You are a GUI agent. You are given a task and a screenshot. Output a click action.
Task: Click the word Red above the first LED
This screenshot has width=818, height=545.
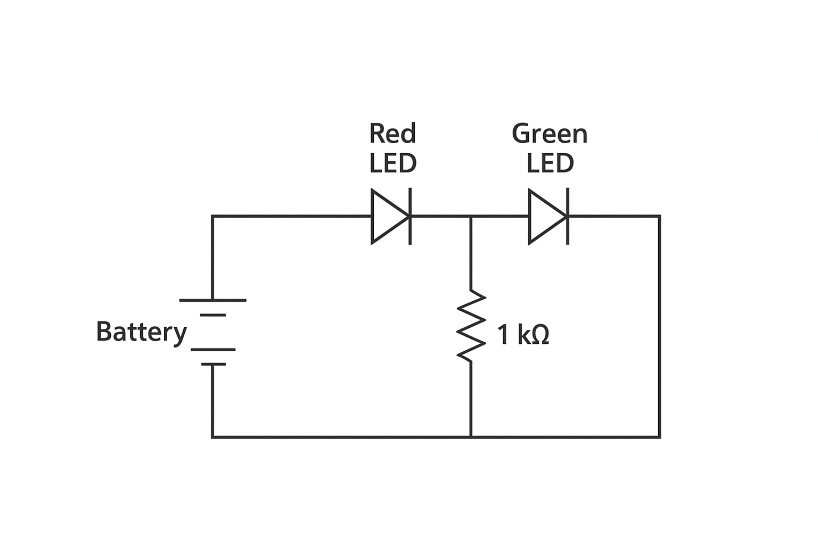(392, 134)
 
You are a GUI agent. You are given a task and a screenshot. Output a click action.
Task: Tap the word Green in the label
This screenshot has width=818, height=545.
(550, 134)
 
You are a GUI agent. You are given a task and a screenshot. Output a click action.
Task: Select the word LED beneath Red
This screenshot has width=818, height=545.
(392, 163)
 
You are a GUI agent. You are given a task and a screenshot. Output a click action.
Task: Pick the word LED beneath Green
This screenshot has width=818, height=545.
(550, 163)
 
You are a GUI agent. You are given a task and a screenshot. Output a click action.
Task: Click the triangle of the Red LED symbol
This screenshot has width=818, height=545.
(388, 216)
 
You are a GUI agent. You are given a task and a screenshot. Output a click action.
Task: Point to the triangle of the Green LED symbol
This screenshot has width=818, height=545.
(545, 216)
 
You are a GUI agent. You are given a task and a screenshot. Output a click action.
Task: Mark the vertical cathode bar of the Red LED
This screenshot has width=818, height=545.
(410, 216)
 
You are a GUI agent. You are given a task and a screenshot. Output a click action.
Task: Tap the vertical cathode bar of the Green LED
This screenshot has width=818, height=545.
(568, 216)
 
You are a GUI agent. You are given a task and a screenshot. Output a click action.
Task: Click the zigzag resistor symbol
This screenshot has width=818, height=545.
(471, 326)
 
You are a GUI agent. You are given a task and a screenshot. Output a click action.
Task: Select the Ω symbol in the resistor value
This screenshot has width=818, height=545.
(539, 335)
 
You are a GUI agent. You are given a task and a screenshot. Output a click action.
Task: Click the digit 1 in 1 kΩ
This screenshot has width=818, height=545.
(503, 335)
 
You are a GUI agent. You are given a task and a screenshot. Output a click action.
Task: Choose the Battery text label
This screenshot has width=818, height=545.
(141, 332)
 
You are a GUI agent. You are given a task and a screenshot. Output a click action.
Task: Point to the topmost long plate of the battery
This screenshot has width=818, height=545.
(212, 300)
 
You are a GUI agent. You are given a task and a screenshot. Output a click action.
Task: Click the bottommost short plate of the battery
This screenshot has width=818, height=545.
(213, 365)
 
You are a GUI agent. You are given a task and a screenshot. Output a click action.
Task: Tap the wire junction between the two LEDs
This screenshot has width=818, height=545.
(471, 216)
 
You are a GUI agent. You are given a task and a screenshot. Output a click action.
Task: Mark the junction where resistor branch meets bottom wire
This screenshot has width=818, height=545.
(471, 437)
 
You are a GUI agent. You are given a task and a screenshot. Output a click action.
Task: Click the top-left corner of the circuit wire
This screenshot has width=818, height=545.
(212, 216)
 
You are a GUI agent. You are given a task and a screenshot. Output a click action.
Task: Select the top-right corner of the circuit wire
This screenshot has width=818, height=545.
(659, 216)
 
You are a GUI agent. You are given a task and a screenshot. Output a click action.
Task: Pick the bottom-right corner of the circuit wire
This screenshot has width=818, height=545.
(659, 437)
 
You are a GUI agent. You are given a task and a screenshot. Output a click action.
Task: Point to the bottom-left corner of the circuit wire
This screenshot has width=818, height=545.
(212, 437)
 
